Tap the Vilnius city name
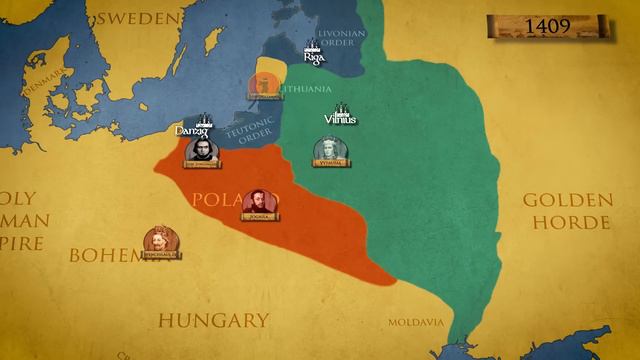point(340,120)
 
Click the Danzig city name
point(193,130)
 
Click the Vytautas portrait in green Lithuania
point(328,151)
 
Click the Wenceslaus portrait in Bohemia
point(159,242)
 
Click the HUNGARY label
point(214,320)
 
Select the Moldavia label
point(416,322)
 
